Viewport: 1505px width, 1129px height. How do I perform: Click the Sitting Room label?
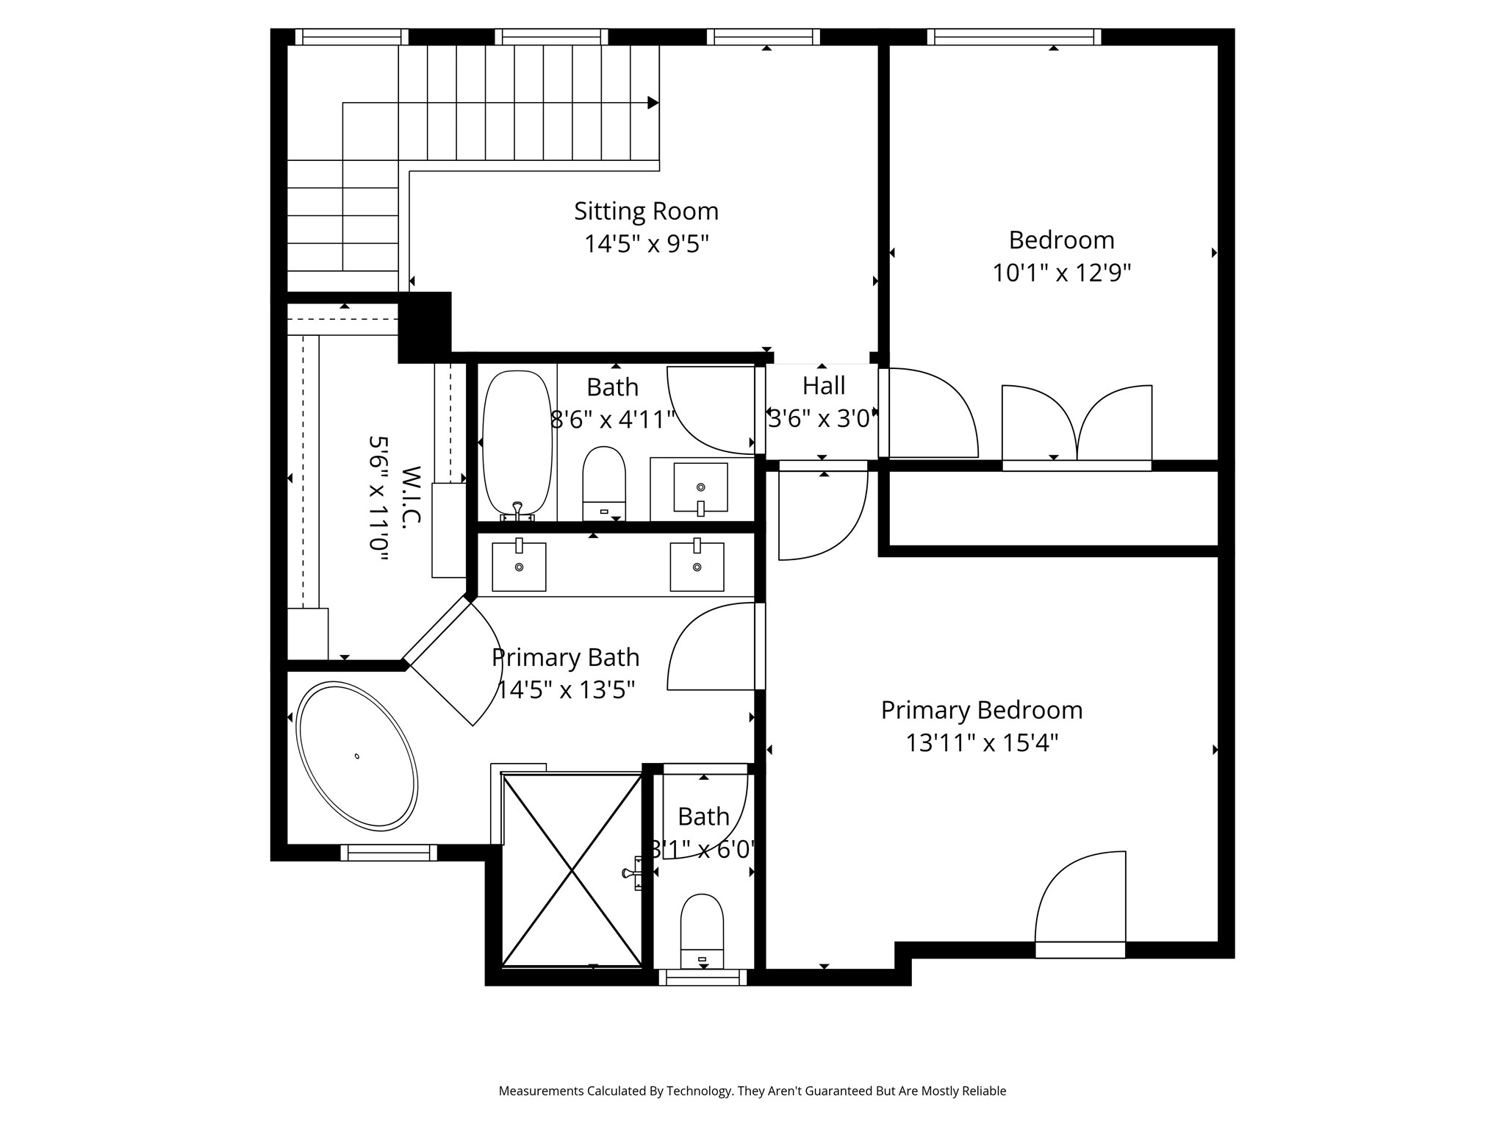tap(646, 212)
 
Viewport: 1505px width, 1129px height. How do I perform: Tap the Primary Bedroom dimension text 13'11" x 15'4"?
tap(982, 743)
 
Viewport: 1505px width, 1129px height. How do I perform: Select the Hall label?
tap(823, 385)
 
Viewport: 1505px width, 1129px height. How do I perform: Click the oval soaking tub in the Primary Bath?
tap(356, 756)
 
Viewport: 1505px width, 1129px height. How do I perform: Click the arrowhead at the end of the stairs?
tap(653, 103)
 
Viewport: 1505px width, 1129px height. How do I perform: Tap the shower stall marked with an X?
tap(572, 870)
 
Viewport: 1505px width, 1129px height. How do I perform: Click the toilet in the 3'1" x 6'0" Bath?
tap(702, 931)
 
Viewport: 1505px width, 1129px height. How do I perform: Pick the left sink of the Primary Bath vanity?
tap(519, 566)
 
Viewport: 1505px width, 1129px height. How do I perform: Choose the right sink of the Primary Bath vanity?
tap(697, 566)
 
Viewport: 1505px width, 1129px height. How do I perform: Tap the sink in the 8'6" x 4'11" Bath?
tap(701, 487)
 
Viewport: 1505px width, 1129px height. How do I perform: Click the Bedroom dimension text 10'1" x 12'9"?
tap(1061, 273)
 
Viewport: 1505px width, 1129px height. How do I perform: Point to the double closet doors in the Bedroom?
tap(1077, 425)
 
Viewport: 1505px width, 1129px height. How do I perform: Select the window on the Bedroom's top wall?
tap(1014, 37)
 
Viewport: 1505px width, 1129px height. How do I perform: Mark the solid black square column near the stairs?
tap(425, 327)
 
